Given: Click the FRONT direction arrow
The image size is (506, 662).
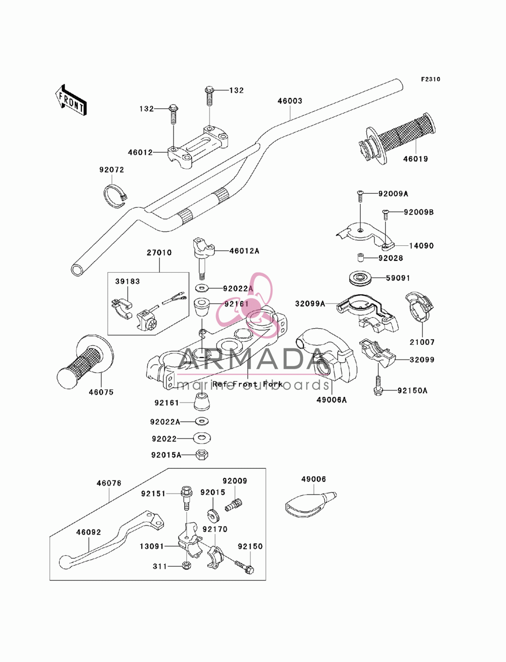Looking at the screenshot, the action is click(71, 100).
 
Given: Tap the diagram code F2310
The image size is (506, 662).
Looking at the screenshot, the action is click(431, 79).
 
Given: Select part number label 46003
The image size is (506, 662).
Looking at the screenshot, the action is click(289, 101).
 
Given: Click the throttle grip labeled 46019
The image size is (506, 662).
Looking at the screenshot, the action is click(397, 137).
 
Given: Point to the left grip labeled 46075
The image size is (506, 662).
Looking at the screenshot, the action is click(85, 361).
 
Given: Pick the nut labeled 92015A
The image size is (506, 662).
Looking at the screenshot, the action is click(202, 455).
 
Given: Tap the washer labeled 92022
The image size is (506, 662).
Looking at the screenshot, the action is click(202, 438).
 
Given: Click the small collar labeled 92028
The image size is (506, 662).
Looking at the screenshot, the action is click(359, 258).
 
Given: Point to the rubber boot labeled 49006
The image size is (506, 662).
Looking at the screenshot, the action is click(310, 505).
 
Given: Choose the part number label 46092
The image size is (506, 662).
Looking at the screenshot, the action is click(89, 533).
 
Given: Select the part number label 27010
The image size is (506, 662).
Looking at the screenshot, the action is click(159, 252).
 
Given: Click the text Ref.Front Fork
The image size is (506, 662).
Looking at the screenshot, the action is click(247, 384).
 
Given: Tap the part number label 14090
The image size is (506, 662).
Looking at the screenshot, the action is click(421, 245).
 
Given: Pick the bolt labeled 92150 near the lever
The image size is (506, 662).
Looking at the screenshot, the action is click(244, 566).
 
